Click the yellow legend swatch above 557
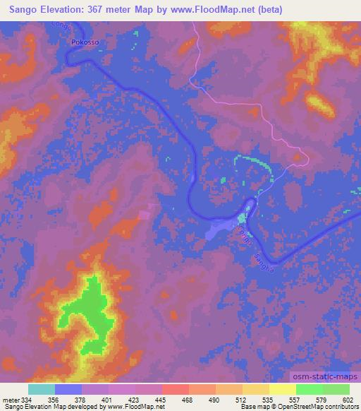283,389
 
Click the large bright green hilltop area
88,311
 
